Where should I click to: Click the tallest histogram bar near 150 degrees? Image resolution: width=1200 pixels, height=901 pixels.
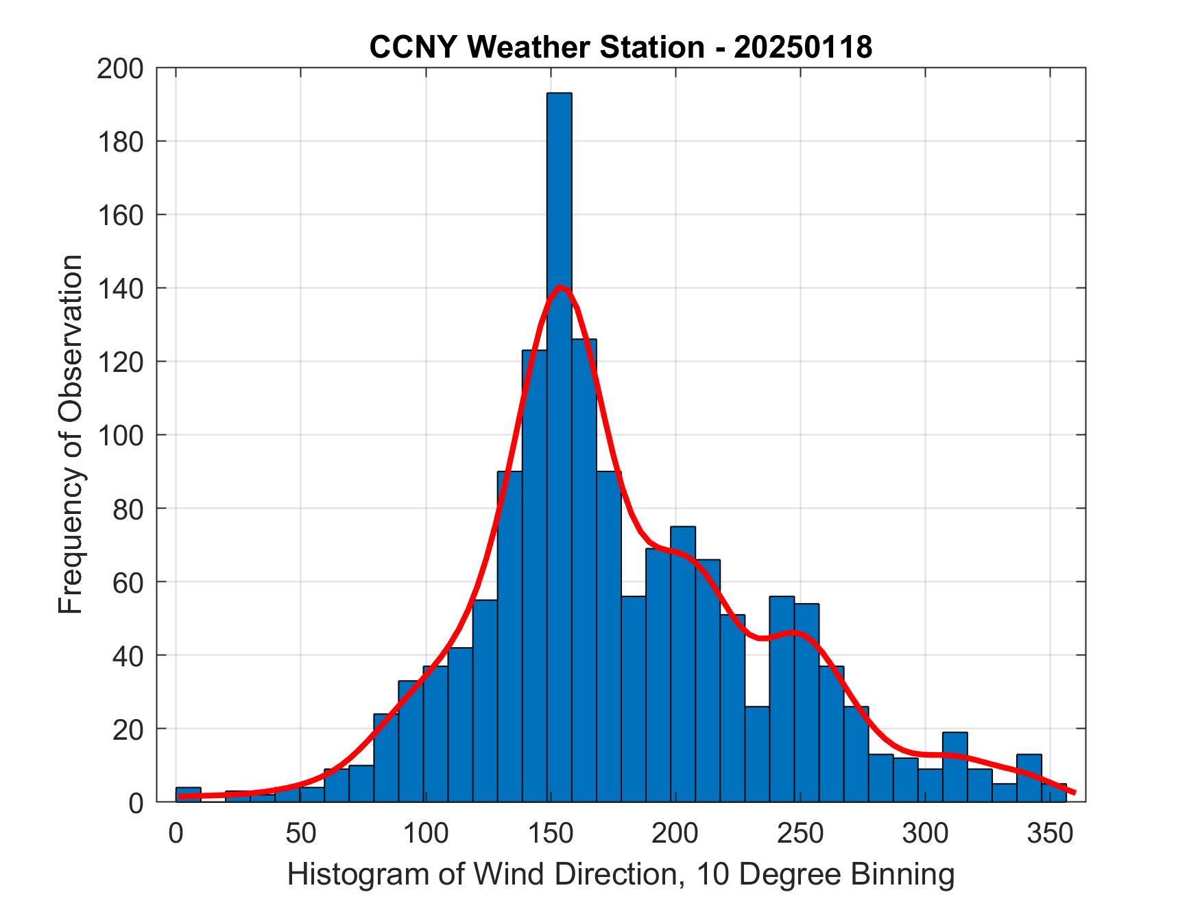click(559, 206)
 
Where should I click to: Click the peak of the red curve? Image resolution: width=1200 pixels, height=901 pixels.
click(560, 287)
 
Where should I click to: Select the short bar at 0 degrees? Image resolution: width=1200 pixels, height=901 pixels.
click(188, 794)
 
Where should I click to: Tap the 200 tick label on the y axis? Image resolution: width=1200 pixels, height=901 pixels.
click(120, 69)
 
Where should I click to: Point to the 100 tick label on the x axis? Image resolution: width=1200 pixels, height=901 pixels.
click(425, 833)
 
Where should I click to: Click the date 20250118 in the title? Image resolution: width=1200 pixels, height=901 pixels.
click(803, 47)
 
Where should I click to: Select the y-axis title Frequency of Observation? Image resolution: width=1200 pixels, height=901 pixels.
click(71, 434)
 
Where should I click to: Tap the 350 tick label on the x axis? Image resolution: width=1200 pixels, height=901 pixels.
click(1049, 833)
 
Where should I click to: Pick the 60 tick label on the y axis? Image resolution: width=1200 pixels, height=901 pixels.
click(128, 582)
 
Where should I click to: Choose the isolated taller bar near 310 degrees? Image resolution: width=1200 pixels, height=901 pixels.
click(955, 767)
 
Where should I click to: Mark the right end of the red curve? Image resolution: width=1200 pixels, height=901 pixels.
click(1074, 793)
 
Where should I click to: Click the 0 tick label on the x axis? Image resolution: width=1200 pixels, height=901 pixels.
click(176, 833)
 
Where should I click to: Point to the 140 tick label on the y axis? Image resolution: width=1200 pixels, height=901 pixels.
click(120, 288)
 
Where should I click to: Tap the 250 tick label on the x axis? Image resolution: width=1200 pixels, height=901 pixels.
click(800, 833)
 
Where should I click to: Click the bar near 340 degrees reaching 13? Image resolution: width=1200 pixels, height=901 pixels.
click(1029, 778)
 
